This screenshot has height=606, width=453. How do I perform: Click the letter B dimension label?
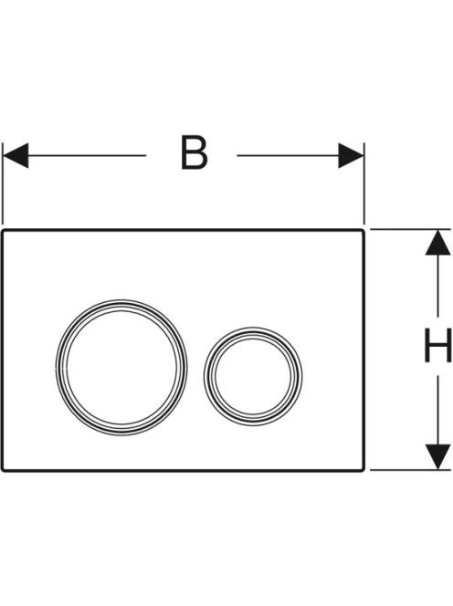(195, 152)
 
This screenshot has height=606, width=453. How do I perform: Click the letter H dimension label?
(437, 345)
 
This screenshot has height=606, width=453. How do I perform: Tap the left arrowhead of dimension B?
(16, 155)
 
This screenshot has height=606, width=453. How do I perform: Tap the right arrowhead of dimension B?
(351, 155)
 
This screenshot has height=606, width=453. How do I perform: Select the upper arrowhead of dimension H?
(437, 243)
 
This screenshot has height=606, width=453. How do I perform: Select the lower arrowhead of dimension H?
(437, 457)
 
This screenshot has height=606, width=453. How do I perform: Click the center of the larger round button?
(121, 367)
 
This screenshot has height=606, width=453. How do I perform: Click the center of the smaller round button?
(253, 376)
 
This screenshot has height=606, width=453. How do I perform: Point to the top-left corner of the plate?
(2, 230)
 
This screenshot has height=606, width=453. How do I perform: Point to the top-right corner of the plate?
(363, 230)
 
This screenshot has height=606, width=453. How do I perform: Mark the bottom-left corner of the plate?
(2, 470)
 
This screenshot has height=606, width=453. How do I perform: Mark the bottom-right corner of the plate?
(363, 470)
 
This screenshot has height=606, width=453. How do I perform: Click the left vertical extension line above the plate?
(3, 183)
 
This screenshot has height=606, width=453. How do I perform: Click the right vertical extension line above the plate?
(364, 183)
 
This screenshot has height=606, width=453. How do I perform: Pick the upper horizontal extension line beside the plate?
(411, 230)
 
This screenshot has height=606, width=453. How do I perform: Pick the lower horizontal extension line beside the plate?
(411, 470)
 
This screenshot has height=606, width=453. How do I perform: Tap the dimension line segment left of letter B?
(87, 155)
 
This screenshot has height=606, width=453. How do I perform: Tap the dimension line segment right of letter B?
(289, 155)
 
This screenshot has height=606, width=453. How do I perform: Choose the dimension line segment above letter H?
(437, 286)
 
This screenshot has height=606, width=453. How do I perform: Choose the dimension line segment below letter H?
(437, 410)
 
